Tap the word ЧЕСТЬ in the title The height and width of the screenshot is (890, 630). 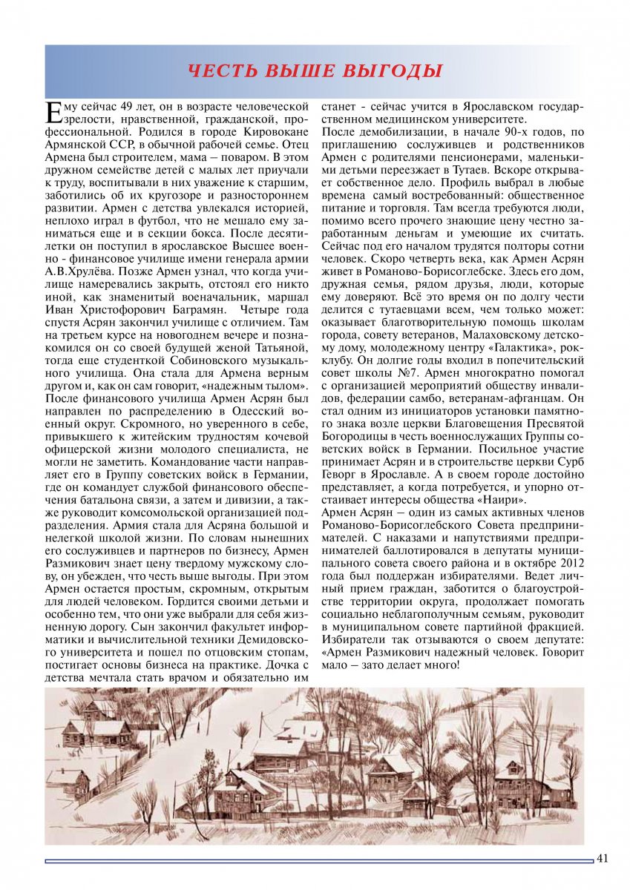click(x=218, y=71)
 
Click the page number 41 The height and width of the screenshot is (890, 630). click(x=602, y=859)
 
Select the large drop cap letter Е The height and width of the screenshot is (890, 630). click(x=53, y=113)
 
